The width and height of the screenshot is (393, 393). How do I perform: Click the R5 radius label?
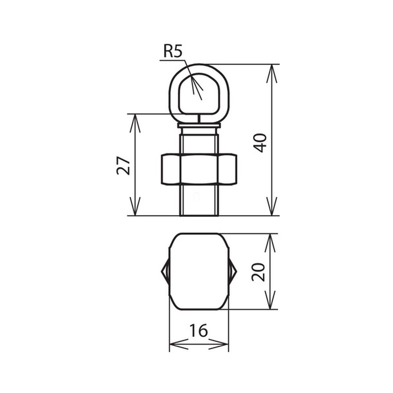(173, 51)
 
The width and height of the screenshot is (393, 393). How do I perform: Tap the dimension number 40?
(260, 143)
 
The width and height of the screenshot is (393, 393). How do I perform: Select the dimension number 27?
(124, 166)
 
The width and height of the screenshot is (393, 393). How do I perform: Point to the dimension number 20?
(258, 272)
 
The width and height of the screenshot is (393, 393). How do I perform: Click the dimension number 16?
(198, 330)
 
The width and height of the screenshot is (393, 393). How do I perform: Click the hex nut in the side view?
(199, 169)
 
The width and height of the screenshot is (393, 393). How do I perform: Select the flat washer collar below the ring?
(199, 125)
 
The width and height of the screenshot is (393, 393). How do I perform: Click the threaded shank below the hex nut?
(199, 200)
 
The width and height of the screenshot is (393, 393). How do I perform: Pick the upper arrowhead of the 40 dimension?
(272, 73)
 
